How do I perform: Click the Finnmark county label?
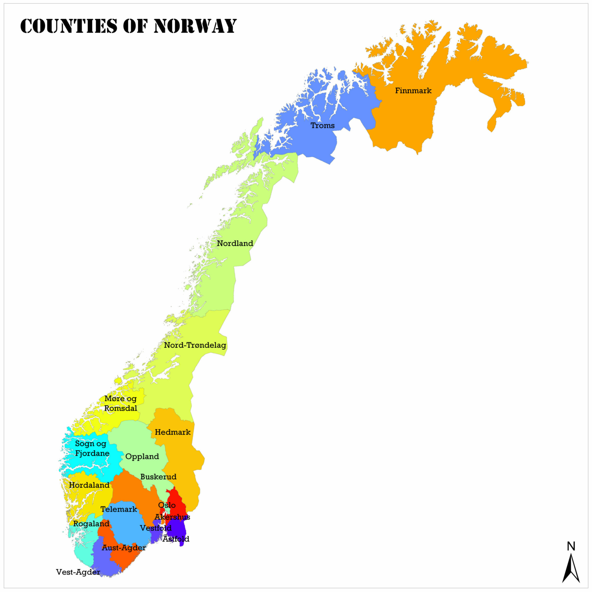413,91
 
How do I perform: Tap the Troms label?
323,125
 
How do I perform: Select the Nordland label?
235,243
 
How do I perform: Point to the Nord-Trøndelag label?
195,345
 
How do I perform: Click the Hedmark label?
173,432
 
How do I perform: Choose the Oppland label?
142,456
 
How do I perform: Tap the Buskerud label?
158,477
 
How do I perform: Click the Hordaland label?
89,485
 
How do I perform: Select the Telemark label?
119,509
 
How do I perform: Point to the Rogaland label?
91,524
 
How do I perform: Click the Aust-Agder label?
124,548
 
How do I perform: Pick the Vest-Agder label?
78,572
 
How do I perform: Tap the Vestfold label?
156,528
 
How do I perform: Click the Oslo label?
167,505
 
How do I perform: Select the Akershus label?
172,517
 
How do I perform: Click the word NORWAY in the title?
195,26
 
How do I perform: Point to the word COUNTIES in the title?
69,26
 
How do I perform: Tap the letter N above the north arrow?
571,546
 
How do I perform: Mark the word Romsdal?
121,408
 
